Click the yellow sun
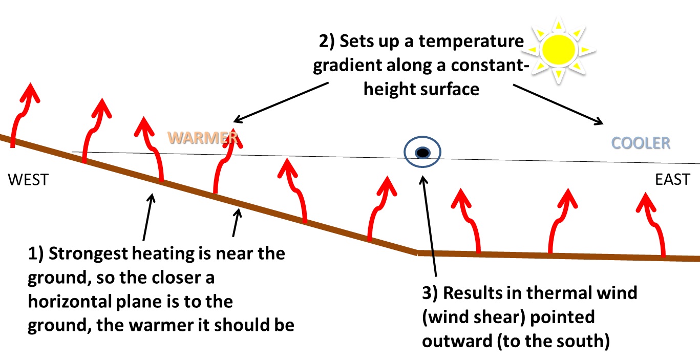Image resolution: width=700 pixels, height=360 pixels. [560, 49]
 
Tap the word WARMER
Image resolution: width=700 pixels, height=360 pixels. [203, 138]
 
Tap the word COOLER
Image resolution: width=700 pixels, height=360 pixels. [642, 143]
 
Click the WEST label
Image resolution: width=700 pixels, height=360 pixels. [28, 180]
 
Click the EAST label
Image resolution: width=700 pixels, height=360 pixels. [672, 180]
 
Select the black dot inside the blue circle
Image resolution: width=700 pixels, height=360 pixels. [422, 152]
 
